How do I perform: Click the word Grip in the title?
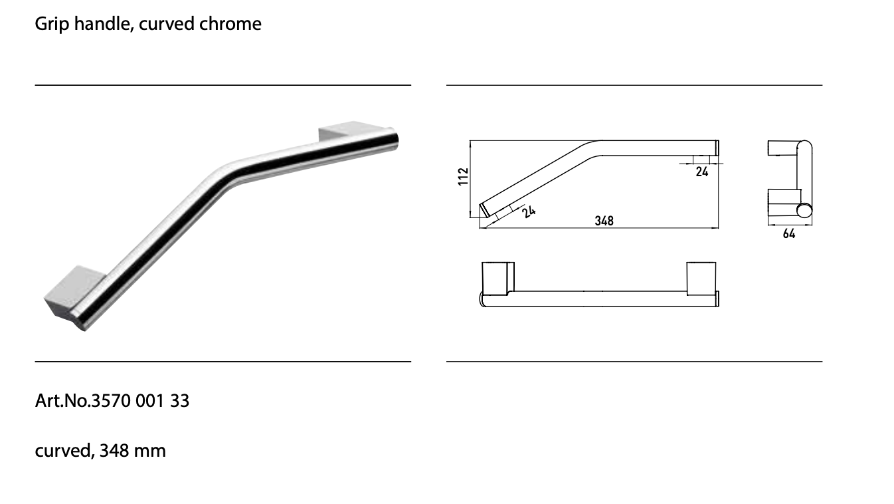pos(52,24)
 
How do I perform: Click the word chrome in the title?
pos(230,23)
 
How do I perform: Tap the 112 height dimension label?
pos(463,177)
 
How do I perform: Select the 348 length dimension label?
pos(604,221)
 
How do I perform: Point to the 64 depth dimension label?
pos(788,234)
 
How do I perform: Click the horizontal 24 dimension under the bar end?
pos(701,172)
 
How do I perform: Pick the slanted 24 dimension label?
pos(529,211)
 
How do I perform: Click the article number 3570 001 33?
pos(140,400)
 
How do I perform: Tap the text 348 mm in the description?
pos(132,451)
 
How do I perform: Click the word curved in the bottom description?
pos(64,451)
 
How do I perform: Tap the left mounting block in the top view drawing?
pos(497,279)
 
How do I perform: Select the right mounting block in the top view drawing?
pos(701,279)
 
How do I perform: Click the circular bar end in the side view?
pos(804,211)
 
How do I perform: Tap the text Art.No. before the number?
pos(63,400)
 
